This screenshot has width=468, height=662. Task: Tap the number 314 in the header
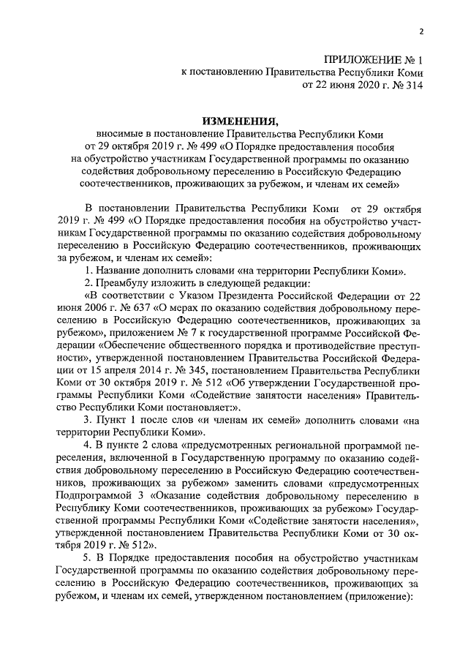point(411,86)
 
